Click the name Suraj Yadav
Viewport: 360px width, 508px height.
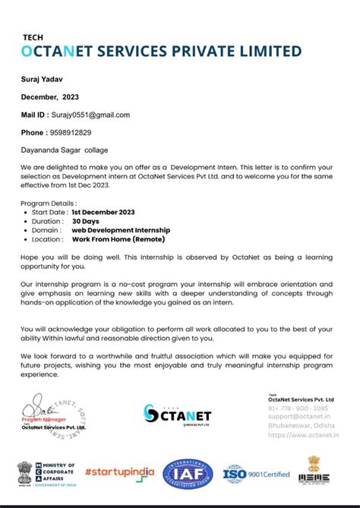42,78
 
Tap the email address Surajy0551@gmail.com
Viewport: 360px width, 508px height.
90,115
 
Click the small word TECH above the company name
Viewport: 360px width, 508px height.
32,36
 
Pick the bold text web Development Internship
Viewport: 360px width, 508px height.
121,229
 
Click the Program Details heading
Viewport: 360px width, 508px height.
49,203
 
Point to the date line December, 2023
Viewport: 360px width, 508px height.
49,96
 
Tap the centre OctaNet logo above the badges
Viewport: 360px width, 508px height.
176,414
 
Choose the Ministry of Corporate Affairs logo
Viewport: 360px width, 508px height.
46,472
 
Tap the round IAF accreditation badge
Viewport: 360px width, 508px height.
188,473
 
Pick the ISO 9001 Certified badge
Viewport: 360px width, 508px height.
256,474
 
